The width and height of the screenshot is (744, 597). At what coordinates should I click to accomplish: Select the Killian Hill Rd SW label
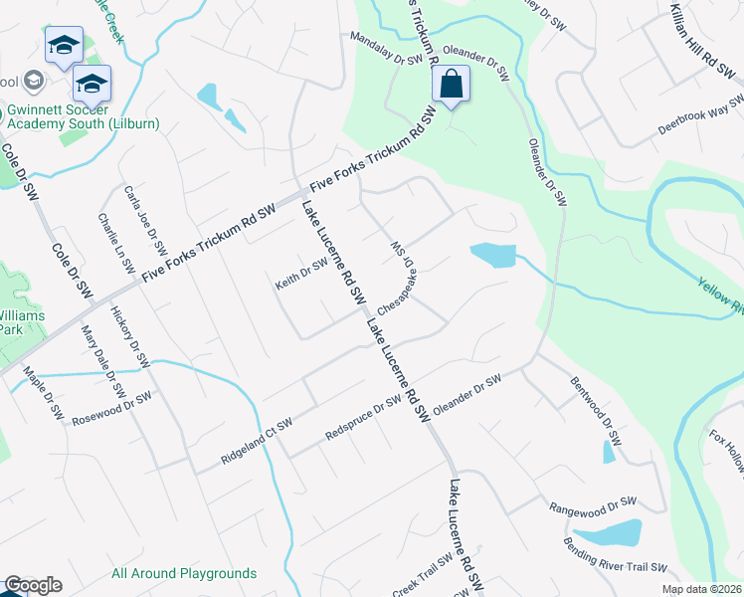click(697, 46)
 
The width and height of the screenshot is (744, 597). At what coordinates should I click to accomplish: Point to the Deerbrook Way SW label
click(701, 116)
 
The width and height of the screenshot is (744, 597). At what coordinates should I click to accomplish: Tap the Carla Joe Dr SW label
click(144, 218)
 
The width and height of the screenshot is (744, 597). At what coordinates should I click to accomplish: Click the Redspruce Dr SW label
click(363, 418)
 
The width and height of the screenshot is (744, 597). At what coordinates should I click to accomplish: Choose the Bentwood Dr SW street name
click(596, 410)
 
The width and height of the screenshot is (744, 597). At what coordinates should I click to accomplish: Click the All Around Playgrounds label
click(184, 573)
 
